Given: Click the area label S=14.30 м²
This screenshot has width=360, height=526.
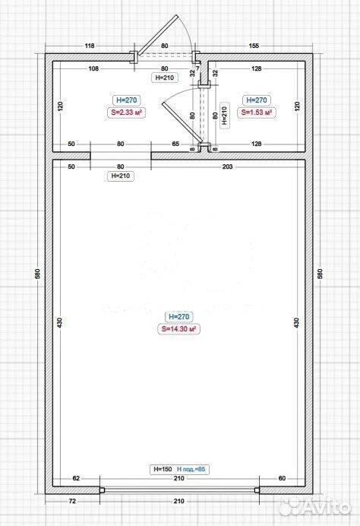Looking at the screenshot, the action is pyautogui.click(x=178, y=328).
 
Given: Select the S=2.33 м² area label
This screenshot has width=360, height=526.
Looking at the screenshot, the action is pyautogui.click(x=126, y=112).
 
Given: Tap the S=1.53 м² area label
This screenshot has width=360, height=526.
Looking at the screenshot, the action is pyautogui.click(x=257, y=112).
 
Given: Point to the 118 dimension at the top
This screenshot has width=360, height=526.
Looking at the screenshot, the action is pyautogui.click(x=90, y=46).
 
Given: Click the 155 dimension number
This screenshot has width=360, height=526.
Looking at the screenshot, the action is pyautogui.click(x=254, y=46).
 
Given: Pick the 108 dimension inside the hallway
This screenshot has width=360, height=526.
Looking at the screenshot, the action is pyautogui.click(x=93, y=68).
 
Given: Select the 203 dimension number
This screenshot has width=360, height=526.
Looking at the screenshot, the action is pyautogui.click(x=227, y=166).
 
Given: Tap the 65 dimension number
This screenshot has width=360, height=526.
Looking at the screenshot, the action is pyautogui.click(x=175, y=144).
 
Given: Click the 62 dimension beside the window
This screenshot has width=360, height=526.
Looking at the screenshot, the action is pyautogui.click(x=76, y=478).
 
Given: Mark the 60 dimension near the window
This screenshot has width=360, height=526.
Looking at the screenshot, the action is pyautogui.click(x=282, y=478).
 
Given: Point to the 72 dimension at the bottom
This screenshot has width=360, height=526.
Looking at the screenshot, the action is pyautogui.click(x=72, y=501).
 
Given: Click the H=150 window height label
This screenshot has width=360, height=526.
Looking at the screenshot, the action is pyautogui.click(x=163, y=469).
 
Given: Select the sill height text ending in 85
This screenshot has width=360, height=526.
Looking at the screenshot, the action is pyautogui.click(x=191, y=469).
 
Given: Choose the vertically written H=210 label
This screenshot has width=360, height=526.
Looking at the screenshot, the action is pyautogui.click(x=224, y=116).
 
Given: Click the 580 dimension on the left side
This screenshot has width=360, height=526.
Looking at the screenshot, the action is pyautogui.click(x=37, y=274).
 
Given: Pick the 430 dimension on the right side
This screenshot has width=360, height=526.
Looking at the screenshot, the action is pyautogui.click(x=296, y=323).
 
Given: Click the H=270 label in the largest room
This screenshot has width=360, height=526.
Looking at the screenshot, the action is pyautogui.click(x=178, y=317).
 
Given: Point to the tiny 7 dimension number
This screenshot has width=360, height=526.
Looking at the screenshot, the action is pyautogui.click(x=197, y=68).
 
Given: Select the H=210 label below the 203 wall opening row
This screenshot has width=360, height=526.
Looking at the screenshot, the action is pyautogui.click(x=120, y=176).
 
